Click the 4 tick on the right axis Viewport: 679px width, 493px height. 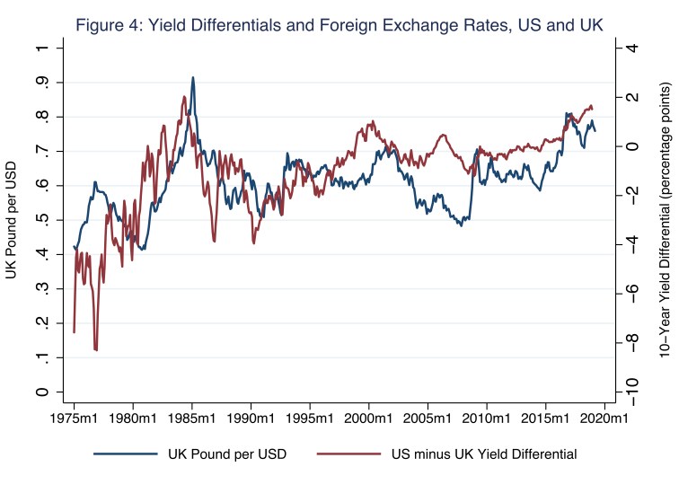click(632, 48)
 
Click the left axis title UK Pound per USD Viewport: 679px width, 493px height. click(13, 220)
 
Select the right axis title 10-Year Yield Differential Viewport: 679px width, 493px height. click(665, 220)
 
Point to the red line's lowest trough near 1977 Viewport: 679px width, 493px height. click(96, 350)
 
